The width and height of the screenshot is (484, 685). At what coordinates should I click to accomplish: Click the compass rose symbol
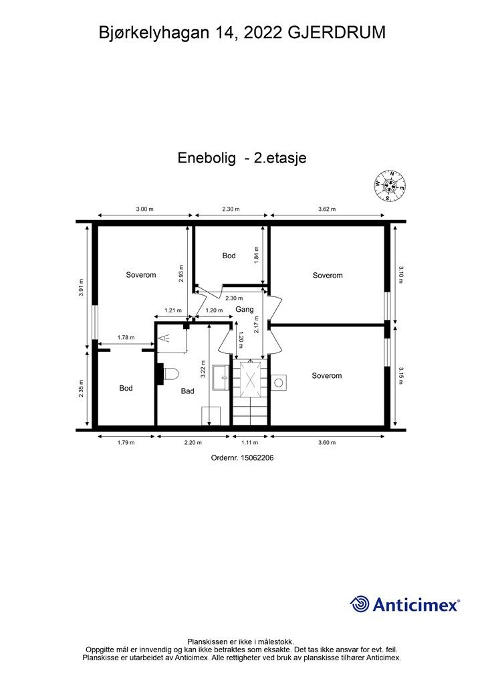point(390,184)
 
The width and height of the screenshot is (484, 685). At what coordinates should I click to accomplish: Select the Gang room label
point(244,309)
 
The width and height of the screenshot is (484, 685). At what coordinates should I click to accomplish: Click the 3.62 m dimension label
point(327,209)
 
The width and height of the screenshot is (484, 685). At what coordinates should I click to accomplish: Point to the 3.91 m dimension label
point(81,286)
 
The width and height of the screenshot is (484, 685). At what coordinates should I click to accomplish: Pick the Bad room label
point(188,391)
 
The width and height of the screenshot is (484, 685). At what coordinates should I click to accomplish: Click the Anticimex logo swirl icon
point(360,604)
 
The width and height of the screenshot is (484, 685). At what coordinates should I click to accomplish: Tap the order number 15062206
point(256,458)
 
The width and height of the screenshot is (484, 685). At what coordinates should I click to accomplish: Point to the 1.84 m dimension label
point(257,255)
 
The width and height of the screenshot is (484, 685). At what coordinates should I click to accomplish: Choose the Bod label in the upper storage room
point(229,256)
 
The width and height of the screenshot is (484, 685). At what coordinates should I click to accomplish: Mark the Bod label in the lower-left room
point(126,388)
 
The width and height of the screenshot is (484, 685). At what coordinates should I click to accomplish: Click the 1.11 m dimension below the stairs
point(250,442)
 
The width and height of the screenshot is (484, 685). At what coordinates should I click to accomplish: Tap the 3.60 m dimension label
point(327,442)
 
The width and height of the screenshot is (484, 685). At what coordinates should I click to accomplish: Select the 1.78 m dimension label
point(126,338)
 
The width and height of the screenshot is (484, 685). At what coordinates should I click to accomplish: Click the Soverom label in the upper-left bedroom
point(141,275)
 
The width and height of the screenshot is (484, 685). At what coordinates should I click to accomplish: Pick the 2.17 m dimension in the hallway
point(257,324)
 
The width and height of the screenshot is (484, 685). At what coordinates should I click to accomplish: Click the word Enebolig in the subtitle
point(207,158)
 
